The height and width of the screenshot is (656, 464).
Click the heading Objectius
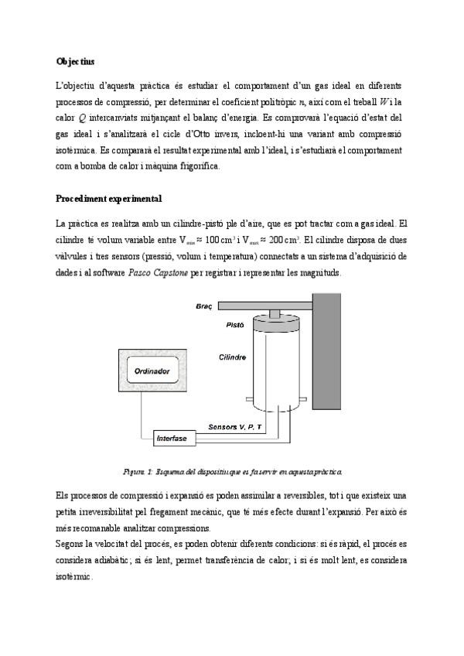click(75, 60)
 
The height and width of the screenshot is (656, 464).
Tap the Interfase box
click(172, 439)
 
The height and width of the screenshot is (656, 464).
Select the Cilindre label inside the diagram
click(233, 357)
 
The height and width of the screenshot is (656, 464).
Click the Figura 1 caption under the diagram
click(232, 470)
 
